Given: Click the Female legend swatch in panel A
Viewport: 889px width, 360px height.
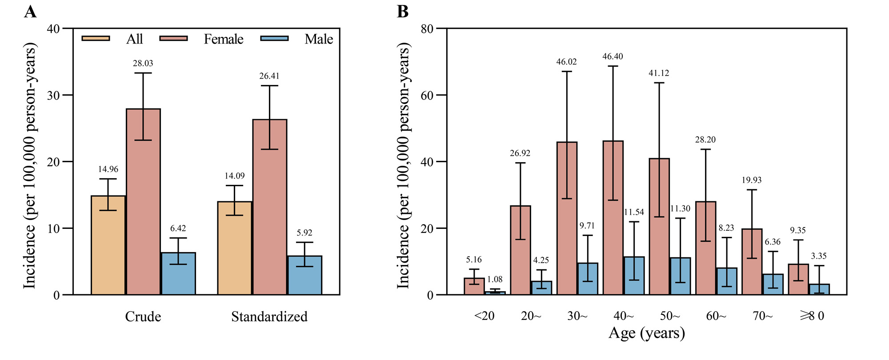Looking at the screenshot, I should click(x=173, y=39).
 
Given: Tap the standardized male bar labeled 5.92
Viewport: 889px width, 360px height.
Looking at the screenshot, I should click(x=305, y=275).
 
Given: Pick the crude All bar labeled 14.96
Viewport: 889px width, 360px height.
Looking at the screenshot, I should click(x=108, y=245).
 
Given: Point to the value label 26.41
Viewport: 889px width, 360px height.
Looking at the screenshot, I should click(x=269, y=76).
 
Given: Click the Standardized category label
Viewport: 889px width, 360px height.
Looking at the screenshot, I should click(x=269, y=316).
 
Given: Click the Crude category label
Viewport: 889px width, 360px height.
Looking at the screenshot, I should click(x=143, y=316).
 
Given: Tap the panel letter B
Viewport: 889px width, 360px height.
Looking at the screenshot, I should click(x=402, y=12).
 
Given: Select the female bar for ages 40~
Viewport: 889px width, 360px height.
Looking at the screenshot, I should click(x=613, y=218).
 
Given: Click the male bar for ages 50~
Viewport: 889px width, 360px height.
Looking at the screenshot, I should click(x=680, y=276).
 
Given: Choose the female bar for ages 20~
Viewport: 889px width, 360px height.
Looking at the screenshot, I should click(x=521, y=250).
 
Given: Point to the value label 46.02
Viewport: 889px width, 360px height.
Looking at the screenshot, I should click(x=567, y=62).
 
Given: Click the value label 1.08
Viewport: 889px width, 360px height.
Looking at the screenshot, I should click(x=495, y=279).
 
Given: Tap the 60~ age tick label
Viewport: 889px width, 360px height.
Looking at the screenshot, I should click(x=716, y=316).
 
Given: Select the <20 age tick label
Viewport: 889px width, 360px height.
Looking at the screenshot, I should click(x=484, y=316).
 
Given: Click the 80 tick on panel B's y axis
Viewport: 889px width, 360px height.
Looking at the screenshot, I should click(x=427, y=29).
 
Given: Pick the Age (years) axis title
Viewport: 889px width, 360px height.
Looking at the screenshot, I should click(x=647, y=333).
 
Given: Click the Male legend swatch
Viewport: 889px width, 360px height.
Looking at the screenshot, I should click(x=274, y=39).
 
